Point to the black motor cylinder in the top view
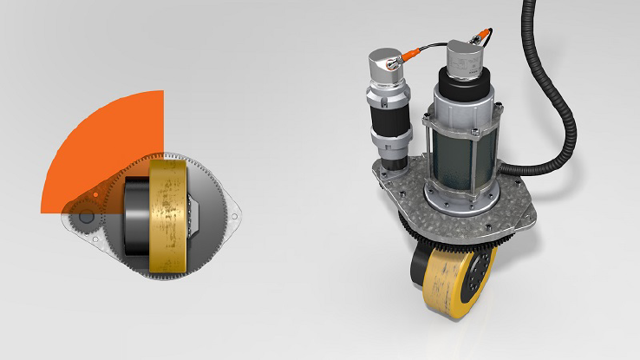pyautogui.click(x=134, y=217)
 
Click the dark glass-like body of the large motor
pyautogui.click(x=460, y=156)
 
